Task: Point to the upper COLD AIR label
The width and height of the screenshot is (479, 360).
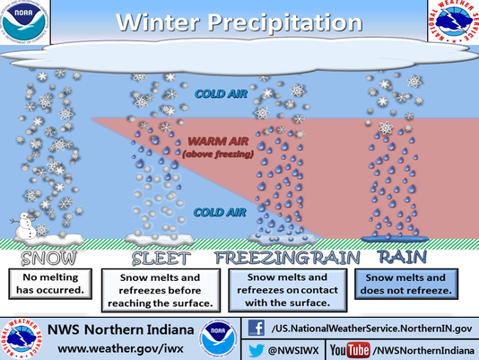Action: pyautogui.click(x=217, y=92)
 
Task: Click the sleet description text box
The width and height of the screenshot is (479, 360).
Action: pyautogui.click(x=159, y=291)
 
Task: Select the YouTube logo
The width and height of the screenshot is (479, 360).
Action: pyautogui.click(x=351, y=348)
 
